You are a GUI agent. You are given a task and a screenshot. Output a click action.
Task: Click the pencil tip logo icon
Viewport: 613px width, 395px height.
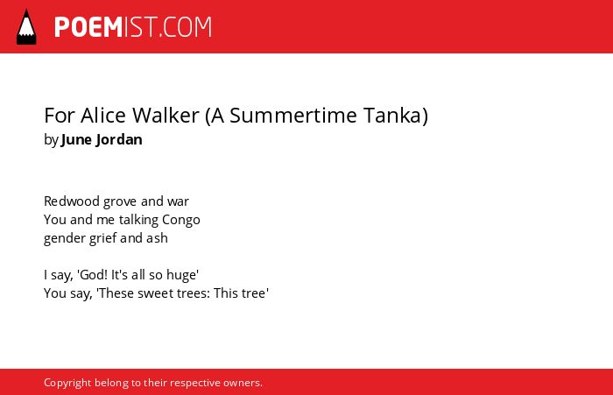click(x=26, y=27)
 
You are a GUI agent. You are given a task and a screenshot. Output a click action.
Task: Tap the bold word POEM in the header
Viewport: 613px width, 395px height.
click(x=88, y=27)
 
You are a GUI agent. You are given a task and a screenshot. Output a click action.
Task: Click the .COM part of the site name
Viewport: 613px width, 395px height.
click(x=186, y=27)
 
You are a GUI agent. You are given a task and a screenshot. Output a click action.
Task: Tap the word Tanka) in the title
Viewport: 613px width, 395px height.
click(x=396, y=116)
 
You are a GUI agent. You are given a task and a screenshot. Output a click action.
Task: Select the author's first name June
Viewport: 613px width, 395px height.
click(x=76, y=139)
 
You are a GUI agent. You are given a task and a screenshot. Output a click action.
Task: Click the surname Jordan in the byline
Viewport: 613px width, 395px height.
click(x=119, y=139)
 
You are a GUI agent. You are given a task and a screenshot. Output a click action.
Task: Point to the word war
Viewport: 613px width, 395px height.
click(x=179, y=202)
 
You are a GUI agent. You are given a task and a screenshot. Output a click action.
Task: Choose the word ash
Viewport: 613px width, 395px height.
click(x=157, y=238)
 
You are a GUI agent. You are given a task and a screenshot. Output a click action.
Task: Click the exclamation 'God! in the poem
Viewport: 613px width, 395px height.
click(x=93, y=275)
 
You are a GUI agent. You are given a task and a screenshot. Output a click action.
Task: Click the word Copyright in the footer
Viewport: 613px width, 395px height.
click(x=67, y=383)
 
